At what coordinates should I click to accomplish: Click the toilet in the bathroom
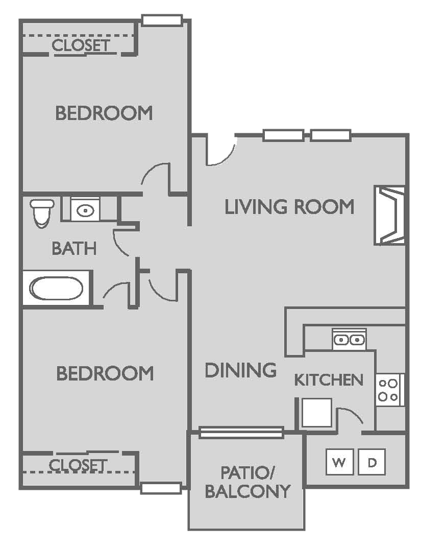click(41, 212)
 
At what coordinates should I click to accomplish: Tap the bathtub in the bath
click(57, 289)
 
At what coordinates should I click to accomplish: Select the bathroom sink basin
click(85, 209)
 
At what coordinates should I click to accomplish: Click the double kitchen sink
click(349, 339)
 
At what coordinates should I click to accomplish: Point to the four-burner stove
click(389, 390)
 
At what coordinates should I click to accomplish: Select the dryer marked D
click(372, 463)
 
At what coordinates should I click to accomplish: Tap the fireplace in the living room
click(390, 215)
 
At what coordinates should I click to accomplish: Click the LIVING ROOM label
click(289, 207)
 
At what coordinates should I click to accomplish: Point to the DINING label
click(240, 370)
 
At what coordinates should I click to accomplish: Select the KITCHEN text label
click(329, 380)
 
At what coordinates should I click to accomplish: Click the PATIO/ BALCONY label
click(247, 481)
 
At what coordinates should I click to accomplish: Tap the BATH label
click(75, 248)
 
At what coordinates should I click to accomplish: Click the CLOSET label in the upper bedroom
click(81, 45)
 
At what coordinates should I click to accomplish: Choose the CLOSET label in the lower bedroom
click(79, 465)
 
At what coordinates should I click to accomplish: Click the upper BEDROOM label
click(104, 113)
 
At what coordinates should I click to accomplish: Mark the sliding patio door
click(241, 433)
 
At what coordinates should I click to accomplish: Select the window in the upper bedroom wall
click(162, 20)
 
